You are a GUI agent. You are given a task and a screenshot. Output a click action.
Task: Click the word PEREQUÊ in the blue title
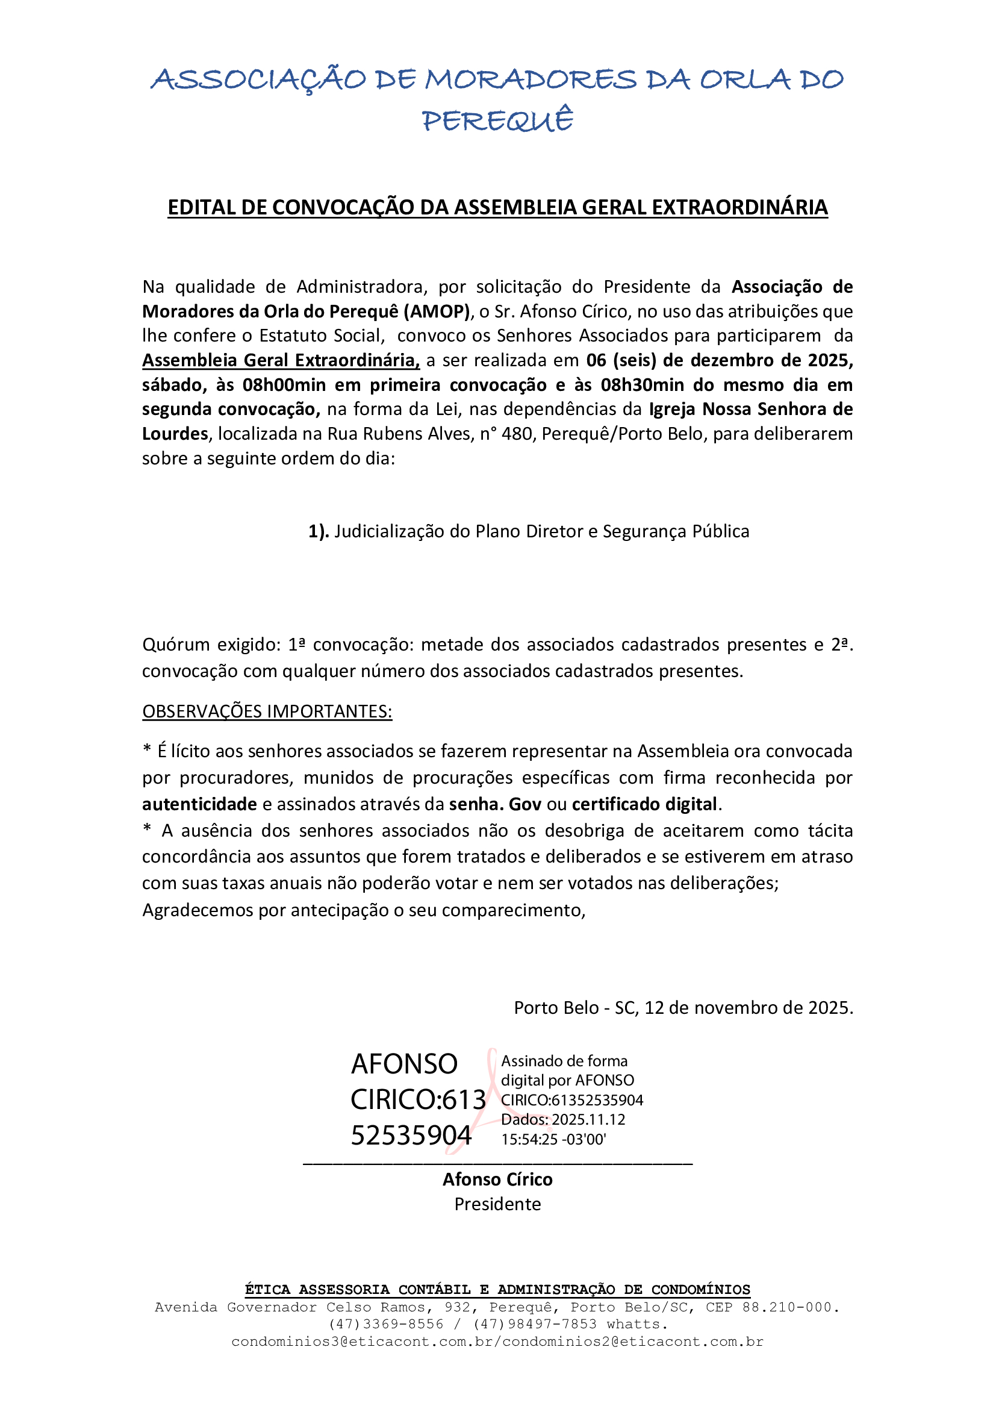[497, 121]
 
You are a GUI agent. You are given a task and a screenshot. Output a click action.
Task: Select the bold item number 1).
[319, 531]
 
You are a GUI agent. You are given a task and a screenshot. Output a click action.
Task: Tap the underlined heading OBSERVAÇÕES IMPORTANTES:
[267, 711]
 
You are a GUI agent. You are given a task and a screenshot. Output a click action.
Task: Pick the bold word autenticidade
[199, 804]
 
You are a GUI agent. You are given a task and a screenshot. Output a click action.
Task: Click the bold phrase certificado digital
[644, 804]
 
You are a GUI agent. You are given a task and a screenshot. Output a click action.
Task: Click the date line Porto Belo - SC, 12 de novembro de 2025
[683, 1008]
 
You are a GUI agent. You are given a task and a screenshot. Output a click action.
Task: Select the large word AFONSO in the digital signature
[404, 1064]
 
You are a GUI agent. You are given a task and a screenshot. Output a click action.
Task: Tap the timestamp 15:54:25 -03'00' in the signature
[553, 1140]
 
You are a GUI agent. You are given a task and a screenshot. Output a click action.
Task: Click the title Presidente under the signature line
[497, 1205]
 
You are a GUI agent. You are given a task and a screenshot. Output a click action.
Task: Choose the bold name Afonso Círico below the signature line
[497, 1179]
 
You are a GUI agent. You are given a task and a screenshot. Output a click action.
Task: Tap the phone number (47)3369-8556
[386, 1324]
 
